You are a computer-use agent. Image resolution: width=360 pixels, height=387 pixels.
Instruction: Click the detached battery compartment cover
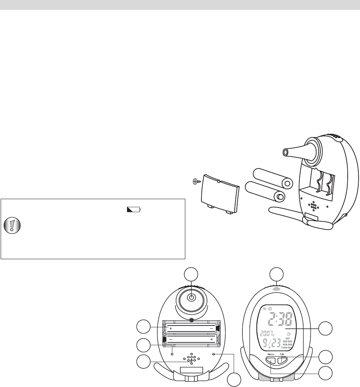coord(220,198)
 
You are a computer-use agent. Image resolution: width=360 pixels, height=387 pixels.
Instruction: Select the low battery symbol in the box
coord(134,210)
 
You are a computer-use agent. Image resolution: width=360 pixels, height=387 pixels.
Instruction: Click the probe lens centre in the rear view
coord(192,298)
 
